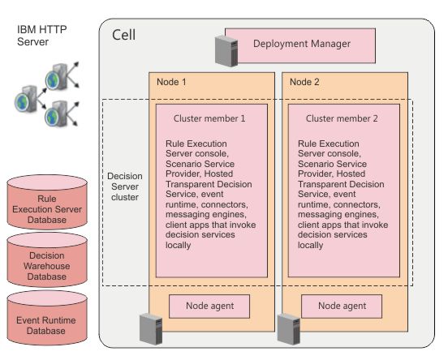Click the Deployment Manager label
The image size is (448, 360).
302,44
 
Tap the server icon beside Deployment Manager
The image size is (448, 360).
226,51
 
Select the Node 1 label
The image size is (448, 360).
171,82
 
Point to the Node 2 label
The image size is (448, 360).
304,82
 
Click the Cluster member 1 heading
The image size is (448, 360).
209,118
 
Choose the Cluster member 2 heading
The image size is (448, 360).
342,118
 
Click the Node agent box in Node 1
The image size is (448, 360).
209,306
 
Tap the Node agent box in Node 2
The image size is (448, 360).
342,306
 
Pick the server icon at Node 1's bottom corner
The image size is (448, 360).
151,328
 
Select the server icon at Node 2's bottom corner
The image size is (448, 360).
289,328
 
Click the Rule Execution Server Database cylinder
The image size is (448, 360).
47,202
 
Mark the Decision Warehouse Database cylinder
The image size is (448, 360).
47,259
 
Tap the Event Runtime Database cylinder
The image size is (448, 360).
47,318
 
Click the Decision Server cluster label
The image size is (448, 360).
125,186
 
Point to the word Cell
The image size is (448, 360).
123,35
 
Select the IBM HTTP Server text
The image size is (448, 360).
41,36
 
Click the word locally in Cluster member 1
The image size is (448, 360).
178,245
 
